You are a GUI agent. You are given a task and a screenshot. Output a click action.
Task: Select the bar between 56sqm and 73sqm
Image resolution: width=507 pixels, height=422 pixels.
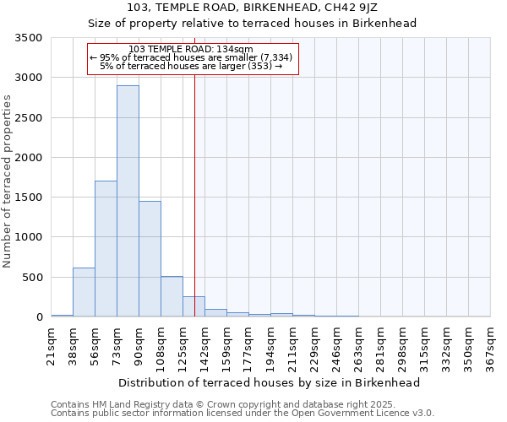pos(106,249)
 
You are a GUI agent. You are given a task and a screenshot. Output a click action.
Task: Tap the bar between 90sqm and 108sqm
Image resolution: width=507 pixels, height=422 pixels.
pos(150,258)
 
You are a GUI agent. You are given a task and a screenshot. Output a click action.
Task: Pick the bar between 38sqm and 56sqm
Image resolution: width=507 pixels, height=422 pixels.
pos(84,292)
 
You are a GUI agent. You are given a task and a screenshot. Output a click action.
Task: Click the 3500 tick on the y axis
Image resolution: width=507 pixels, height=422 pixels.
pos(28,38)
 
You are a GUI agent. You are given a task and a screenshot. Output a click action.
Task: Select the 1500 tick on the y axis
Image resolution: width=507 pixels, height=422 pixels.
pos(28,197)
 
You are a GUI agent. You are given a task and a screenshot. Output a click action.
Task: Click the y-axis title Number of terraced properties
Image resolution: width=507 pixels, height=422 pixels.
pos(8,181)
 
